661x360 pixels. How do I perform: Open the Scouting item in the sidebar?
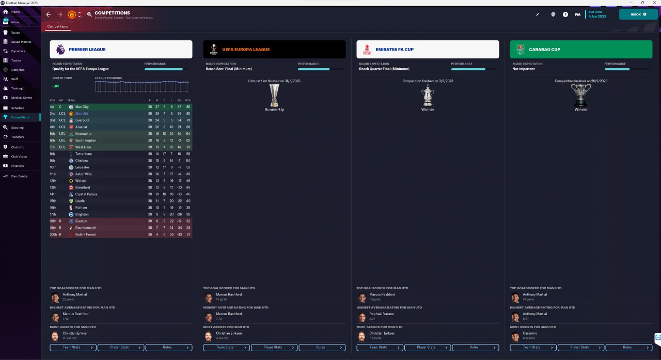pos(18,127)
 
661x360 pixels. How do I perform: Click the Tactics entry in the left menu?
pos(17,60)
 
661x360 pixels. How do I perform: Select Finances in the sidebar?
pos(18,166)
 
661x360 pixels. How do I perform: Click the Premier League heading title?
pos(87,50)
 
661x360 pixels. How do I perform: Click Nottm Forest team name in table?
pos(85,234)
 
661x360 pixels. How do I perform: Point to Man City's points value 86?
pos(188,107)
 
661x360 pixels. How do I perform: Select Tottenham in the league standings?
pos(84,154)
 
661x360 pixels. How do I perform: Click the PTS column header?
pos(188,100)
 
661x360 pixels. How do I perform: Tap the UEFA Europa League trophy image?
pos(274,95)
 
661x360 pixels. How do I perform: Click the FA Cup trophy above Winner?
pos(428,95)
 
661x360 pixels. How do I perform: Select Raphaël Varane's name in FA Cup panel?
pos(382,314)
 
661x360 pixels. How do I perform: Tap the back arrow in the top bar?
pos(49,14)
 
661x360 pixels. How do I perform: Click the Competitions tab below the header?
pos(57,26)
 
